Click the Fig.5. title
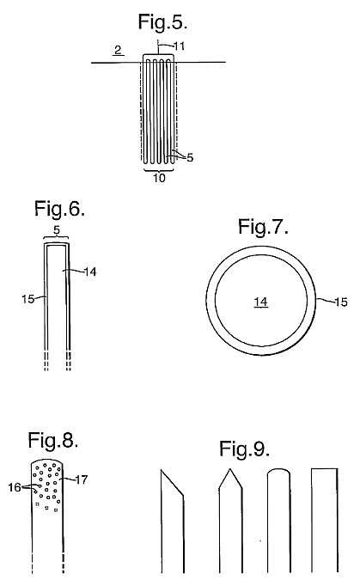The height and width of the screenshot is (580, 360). tap(162, 21)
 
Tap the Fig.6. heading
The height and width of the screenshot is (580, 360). tap(59, 209)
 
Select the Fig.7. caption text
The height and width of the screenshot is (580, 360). tap(263, 226)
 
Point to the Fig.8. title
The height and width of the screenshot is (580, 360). tap(53, 440)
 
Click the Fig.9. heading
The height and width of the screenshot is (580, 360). tap(244, 449)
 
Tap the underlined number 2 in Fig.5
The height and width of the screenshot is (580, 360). tap(118, 50)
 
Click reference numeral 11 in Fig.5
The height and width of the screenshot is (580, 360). tap(179, 46)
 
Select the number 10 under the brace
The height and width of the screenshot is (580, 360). tap(159, 178)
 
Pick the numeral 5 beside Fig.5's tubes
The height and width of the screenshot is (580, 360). tap(190, 157)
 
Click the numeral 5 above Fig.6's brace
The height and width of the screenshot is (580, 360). tap(56, 231)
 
